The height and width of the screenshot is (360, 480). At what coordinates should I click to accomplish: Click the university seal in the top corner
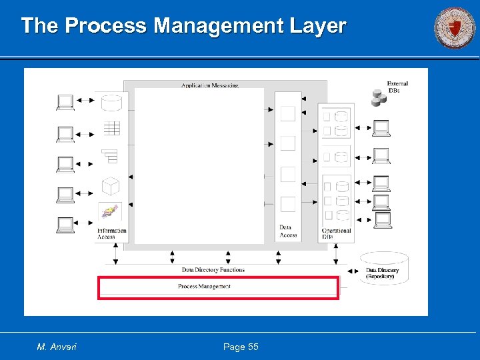coord(455,28)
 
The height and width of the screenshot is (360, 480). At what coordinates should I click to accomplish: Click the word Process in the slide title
coord(107,26)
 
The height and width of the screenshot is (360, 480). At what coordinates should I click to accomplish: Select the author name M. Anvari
coord(57,347)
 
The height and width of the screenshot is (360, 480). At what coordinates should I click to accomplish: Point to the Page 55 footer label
coord(241,347)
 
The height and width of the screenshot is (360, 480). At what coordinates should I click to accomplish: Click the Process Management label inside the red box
coord(204,287)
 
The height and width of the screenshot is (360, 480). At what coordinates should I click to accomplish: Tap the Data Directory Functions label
coord(213,270)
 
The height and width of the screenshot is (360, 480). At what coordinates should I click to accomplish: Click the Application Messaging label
coord(209,85)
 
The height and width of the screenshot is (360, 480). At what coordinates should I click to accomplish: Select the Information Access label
coord(111,233)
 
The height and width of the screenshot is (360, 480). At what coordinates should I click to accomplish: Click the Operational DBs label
coord(336,233)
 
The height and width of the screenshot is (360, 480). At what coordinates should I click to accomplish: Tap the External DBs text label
coord(397,87)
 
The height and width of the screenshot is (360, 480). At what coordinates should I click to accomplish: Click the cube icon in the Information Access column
coord(111,185)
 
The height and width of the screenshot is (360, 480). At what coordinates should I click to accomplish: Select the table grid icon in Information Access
coord(111,128)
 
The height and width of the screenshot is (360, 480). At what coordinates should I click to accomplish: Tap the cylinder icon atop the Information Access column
coord(111,102)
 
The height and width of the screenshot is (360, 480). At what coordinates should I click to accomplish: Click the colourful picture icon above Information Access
coord(109,212)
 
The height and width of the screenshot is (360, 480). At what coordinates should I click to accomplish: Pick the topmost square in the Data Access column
coord(288,113)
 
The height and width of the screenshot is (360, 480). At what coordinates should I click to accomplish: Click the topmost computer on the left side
coord(65,102)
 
